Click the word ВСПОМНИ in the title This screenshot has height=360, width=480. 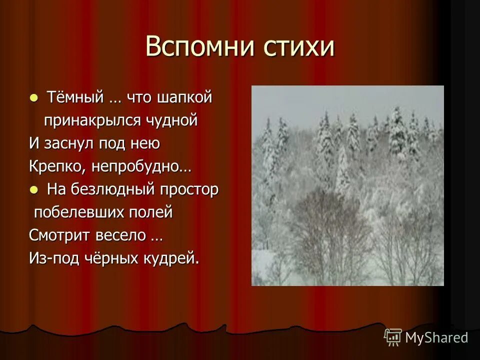[199, 47]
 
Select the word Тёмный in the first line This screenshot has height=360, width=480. [75, 97]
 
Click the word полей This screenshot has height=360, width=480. [154, 212]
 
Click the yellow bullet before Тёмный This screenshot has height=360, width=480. [33, 97]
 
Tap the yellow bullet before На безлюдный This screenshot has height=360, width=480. [33, 189]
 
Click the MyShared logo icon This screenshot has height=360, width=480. [393, 337]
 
